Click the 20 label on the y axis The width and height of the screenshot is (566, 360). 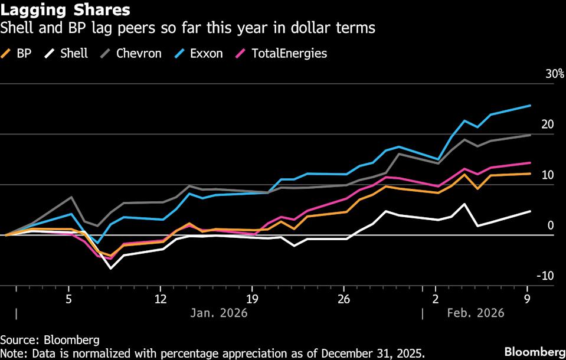pos(548,125)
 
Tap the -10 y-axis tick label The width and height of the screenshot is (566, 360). pos(545,276)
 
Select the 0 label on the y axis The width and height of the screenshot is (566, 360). pos(551,225)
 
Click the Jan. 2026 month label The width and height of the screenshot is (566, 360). pos(219,313)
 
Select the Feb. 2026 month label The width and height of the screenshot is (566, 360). pos(476,313)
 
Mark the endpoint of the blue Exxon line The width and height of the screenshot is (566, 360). pos(530,106)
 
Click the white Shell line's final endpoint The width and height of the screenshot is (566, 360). pos(530,211)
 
